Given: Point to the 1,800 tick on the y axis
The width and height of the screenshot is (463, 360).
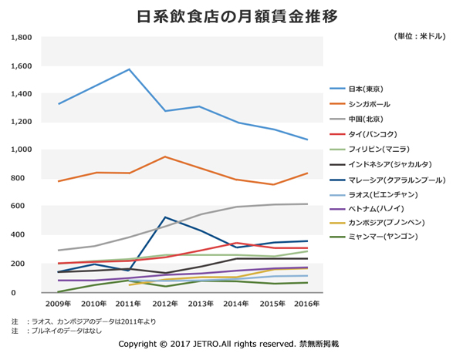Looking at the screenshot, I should [x=20, y=37].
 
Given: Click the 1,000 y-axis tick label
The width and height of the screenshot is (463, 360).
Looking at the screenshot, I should [x=20, y=150].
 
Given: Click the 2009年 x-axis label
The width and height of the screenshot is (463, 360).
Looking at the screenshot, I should [x=59, y=304].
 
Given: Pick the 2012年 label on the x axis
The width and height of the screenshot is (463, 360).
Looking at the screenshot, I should [x=165, y=304].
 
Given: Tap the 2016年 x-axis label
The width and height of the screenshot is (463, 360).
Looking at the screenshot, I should [x=307, y=304].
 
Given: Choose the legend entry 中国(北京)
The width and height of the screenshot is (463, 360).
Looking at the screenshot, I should [x=366, y=119].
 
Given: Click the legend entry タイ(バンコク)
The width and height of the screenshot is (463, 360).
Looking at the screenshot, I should [x=373, y=134].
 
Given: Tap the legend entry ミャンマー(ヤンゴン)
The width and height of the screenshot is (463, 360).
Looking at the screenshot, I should [x=383, y=237].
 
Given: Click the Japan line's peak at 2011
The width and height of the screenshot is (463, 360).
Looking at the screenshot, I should [x=130, y=69].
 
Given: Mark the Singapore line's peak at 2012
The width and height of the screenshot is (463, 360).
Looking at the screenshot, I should [x=165, y=156].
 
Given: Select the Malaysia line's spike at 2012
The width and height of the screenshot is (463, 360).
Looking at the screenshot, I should [x=165, y=217].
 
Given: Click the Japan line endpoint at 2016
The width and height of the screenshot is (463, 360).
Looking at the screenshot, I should [x=307, y=140].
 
